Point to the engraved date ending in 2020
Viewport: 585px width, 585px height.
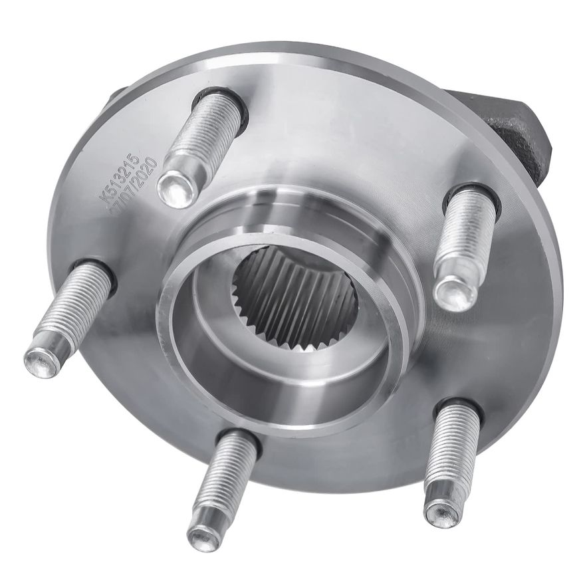coord(136,184)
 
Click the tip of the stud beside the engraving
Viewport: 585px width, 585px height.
coord(178,185)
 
